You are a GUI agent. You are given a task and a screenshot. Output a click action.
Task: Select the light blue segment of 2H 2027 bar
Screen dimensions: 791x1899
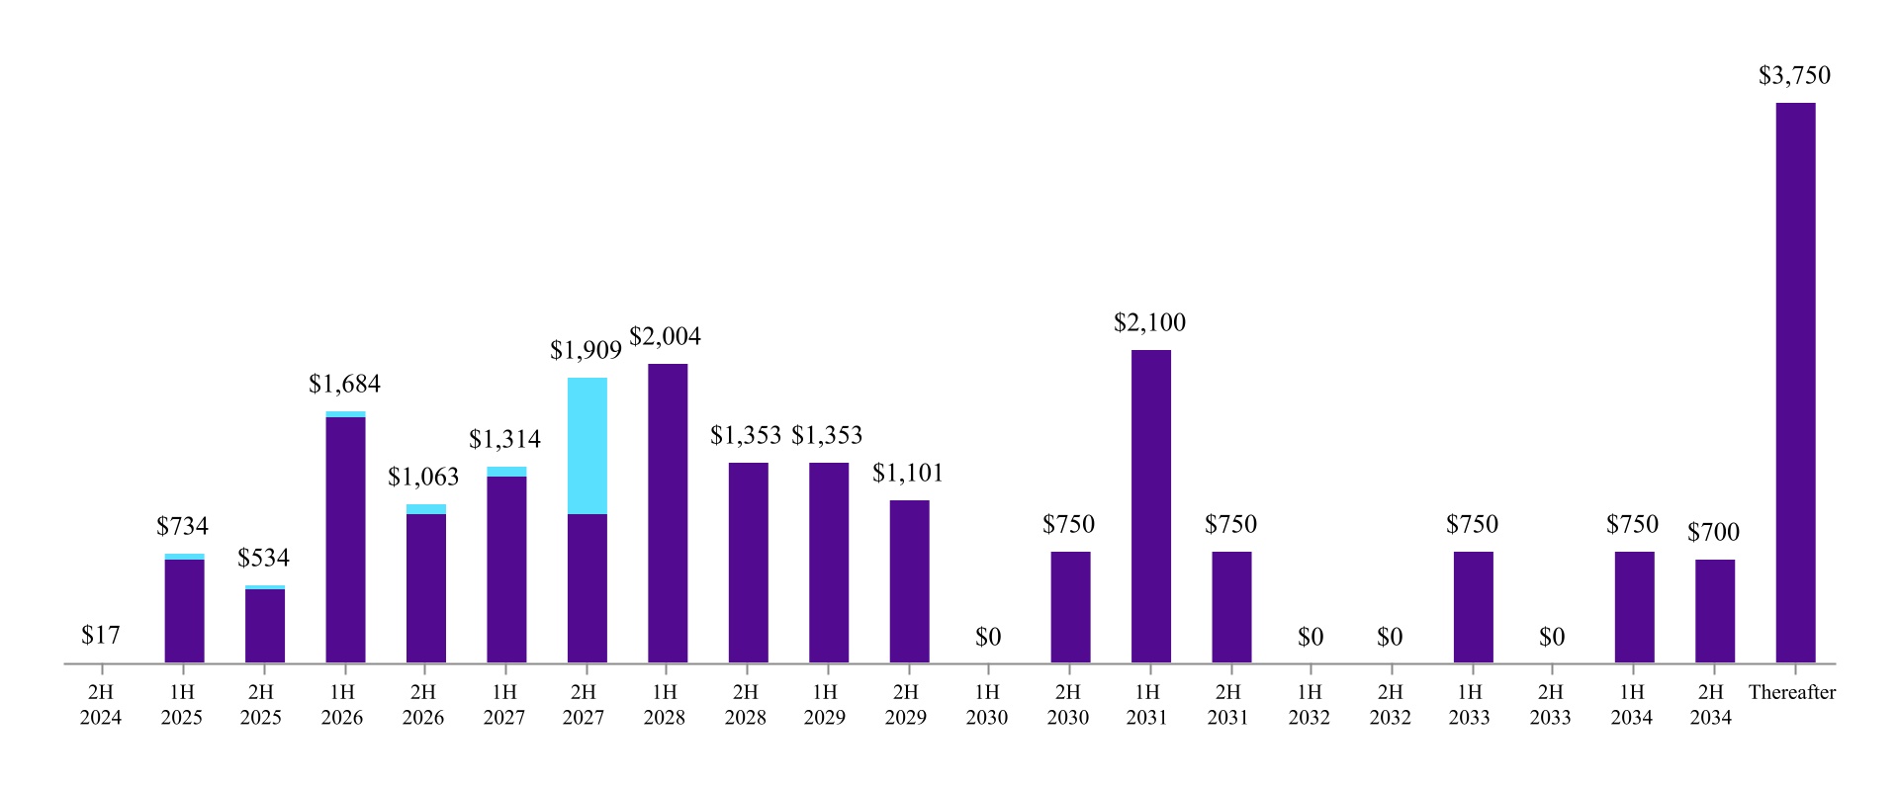pyautogui.click(x=587, y=445)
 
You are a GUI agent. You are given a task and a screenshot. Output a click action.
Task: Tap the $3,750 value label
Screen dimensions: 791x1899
pyautogui.click(x=1794, y=76)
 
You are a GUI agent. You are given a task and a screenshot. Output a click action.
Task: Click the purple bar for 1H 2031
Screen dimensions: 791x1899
pyautogui.click(x=1150, y=505)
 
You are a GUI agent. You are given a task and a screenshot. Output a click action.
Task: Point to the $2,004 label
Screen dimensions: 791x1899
pyautogui.click(x=665, y=337)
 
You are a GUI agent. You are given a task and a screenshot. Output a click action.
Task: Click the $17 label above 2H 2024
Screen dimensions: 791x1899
pyautogui.click(x=101, y=636)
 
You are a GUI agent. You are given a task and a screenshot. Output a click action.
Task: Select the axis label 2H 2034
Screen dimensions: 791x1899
pyautogui.click(x=1710, y=705)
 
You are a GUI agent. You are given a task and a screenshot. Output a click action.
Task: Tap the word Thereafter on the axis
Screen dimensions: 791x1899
pyautogui.click(x=1791, y=693)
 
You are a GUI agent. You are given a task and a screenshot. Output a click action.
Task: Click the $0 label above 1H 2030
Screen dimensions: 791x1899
pyautogui.click(x=987, y=638)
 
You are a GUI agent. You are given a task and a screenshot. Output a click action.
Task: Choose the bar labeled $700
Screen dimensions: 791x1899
pyautogui.click(x=1714, y=610)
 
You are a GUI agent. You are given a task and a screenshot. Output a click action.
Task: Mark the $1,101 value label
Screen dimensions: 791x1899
pyautogui.click(x=907, y=474)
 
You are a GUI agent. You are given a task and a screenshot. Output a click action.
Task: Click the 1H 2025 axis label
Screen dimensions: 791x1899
pyautogui.click(x=181, y=705)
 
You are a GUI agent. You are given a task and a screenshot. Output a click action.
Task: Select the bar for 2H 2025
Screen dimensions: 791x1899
pyautogui.click(x=264, y=625)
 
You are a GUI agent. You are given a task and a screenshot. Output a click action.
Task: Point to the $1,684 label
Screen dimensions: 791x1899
pyautogui.click(x=344, y=385)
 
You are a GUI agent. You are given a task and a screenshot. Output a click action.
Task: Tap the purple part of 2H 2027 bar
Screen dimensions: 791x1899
pyautogui.click(x=587, y=587)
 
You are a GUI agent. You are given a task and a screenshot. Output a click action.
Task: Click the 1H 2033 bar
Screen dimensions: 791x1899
pyautogui.click(x=1473, y=606)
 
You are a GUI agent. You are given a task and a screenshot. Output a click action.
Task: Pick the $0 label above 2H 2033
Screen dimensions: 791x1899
pyautogui.click(x=1551, y=638)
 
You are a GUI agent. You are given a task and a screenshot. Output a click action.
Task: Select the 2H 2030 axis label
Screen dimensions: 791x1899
pyautogui.click(x=1067, y=705)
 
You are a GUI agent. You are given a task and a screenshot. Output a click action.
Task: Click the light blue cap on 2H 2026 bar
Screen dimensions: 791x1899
pyautogui.click(x=425, y=509)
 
